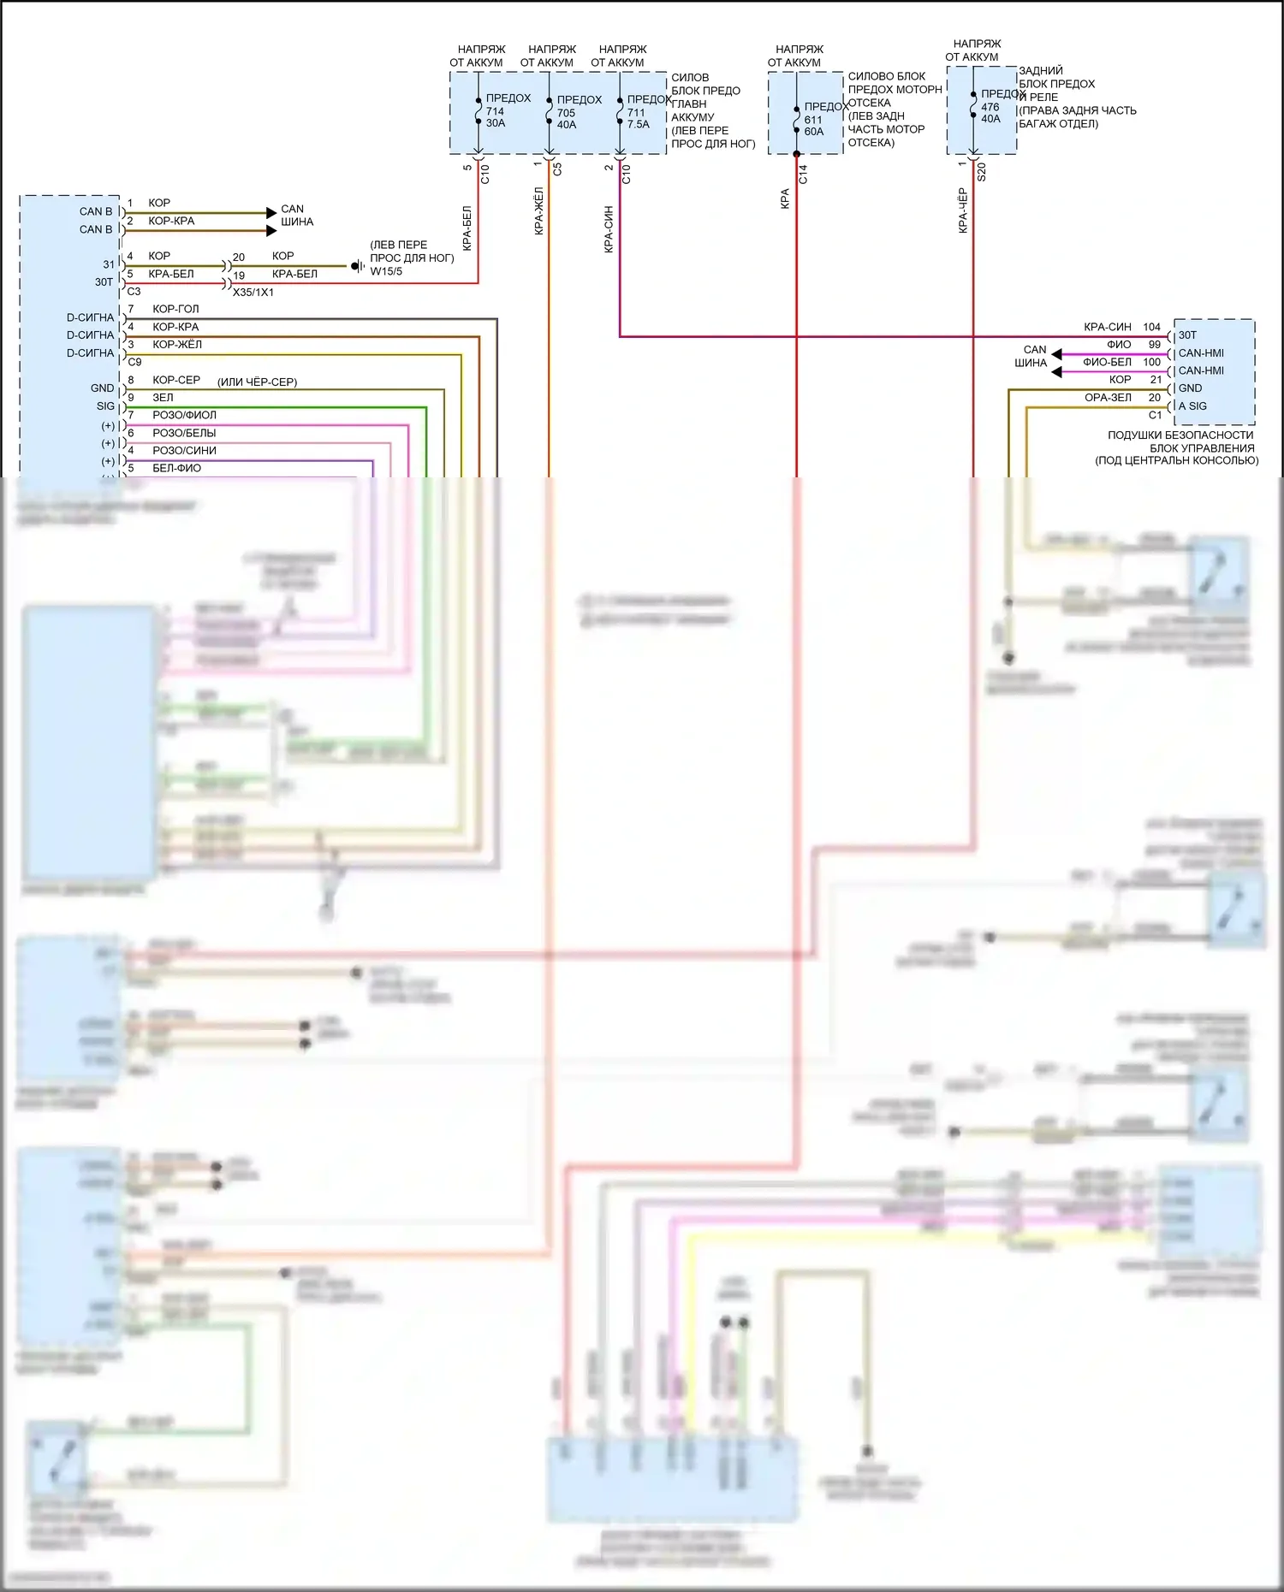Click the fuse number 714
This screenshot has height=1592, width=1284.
click(x=495, y=111)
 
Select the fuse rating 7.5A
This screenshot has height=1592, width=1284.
click(x=639, y=124)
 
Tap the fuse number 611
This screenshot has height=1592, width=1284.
click(x=813, y=120)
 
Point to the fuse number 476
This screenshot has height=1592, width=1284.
click(x=990, y=107)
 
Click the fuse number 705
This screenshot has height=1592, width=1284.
click(x=566, y=113)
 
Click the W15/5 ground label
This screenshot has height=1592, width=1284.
click(x=386, y=271)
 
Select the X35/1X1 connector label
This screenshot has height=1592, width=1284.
click(x=253, y=292)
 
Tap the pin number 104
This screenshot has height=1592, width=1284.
click(x=1151, y=327)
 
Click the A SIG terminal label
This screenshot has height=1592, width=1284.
click(x=1192, y=406)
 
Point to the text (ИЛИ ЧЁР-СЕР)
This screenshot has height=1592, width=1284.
click(x=257, y=382)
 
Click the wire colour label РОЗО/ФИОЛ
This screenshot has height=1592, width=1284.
click(x=184, y=415)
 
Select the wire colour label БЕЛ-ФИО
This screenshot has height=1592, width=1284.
click(x=176, y=468)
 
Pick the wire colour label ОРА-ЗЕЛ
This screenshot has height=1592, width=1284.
click(x=1108, y=397)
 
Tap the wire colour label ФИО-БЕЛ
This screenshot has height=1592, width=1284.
click(x=1107, y=362)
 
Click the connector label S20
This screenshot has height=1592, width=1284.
click(x=982, y=172)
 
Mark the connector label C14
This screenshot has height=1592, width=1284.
click(x=803, y=175)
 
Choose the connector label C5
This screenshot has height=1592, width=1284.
click(x=557, y=169)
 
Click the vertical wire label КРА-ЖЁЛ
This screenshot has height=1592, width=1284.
click(x=538, y=210)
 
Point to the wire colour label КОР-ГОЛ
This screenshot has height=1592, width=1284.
click(x=175, y=309)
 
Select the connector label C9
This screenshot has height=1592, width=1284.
click(x=134, y=362)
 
